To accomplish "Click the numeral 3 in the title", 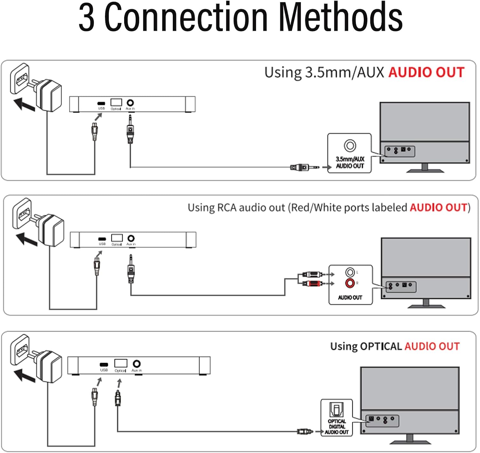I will (x=87, y=18).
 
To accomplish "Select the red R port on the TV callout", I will (x=350, y=283).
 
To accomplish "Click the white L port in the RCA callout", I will (x=350, y=272).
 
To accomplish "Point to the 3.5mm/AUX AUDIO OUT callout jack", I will (x=350, y=146).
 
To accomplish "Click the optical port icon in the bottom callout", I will (x=336, y=409).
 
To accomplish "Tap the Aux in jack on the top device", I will (x=130, y=103).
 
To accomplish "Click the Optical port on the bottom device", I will (x=121, y=363).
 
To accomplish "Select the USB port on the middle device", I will (x=102, y=239).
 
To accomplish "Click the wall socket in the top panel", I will (x=20, y=79).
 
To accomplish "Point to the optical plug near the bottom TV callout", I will (x=305, y=432).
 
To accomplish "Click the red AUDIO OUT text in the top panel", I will (x=426, y=73).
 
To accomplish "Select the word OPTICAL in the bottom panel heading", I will (x=380, y=346).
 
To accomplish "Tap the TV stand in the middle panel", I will (x=426, y=304).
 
